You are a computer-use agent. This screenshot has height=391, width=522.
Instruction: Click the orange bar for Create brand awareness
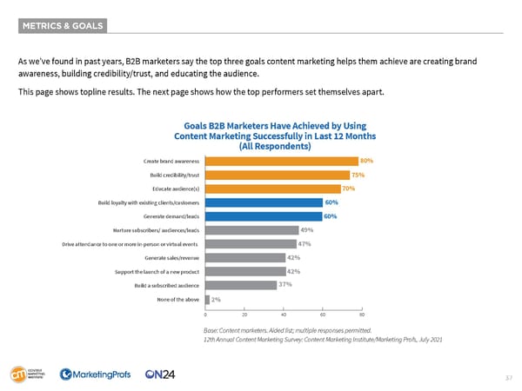click(281, 161)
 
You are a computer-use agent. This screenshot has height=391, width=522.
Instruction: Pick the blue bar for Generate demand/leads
click(262, 216)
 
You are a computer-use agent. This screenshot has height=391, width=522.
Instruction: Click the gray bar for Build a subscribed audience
click(240, 285)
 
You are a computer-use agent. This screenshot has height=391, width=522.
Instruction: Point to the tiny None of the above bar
click(206, 300)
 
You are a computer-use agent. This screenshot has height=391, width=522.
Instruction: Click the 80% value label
click(367, 161)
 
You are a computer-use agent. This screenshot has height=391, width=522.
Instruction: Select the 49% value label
click(306, 230)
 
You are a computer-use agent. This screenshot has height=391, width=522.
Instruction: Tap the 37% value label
click(284, 285)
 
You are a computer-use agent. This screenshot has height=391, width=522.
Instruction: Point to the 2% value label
click(216, 300)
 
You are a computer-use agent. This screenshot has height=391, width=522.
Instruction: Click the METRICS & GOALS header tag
click(62, 26)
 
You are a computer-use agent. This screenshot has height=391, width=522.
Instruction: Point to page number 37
click(509, 377)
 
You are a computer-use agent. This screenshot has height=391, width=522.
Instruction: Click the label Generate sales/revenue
click(172, 258)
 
